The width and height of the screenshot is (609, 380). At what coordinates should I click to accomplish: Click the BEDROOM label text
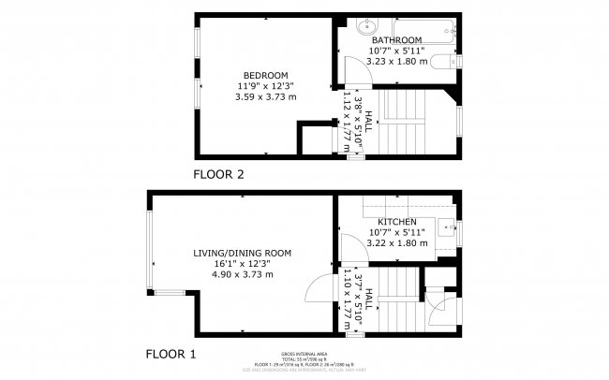coord(265,75)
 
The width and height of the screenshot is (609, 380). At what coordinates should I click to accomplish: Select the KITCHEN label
coord(397,222)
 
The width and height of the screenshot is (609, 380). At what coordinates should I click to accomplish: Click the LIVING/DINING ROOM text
coord(243,253)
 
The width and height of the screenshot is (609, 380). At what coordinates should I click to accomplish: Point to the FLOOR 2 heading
coord(218,174)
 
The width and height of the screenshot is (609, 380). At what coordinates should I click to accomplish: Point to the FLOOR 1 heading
coord(171,355)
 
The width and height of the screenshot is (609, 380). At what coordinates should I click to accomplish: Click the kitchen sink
coord(449,226)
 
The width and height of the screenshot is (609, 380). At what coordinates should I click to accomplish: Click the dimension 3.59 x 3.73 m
coord(265,96)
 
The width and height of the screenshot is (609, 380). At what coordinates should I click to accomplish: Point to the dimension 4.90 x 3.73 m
coord(243,274)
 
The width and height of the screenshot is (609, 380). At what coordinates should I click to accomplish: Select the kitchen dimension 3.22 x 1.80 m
coord(397,243)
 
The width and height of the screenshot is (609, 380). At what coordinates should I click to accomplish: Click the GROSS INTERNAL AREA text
coord(304,355)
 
